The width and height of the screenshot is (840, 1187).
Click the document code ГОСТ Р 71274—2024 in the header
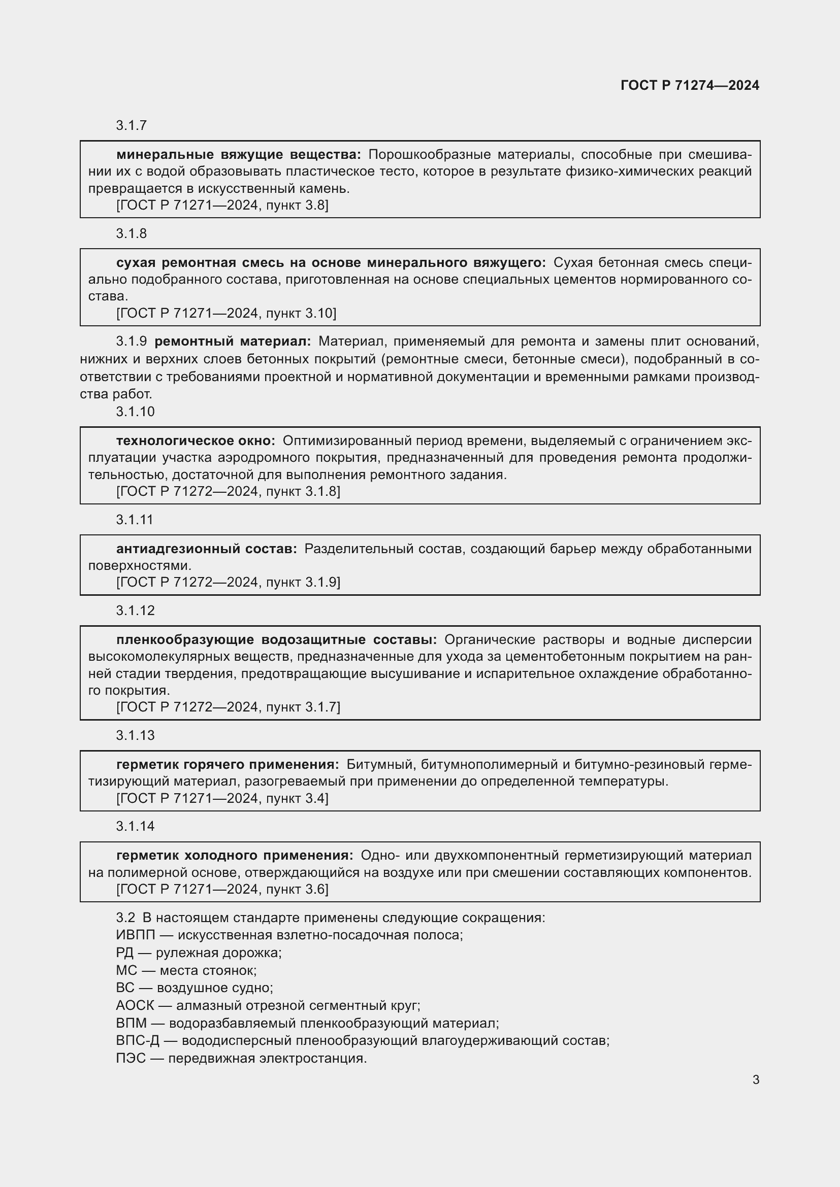click(x=690, y=86)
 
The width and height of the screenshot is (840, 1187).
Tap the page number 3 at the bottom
click(x=756, y=1079)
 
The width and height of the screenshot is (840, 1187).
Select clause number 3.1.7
click(x=132, y=125)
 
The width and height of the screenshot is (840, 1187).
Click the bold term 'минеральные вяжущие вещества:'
click(x=239, y=155)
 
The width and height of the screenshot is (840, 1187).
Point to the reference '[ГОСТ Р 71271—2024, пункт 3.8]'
click(x=222, y=205)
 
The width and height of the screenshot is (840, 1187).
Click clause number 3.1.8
click(x=132, y=233)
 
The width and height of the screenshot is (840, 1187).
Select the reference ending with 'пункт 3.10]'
click(x=226, y=313)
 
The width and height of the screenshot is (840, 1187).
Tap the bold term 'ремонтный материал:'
click(x=233, y=341)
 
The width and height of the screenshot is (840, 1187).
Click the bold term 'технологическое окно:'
click(x=196, y=441)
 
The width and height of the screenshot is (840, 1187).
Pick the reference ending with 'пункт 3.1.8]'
click(x=228, y=492)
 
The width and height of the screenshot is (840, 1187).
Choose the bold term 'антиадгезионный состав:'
click(x=206, y=549)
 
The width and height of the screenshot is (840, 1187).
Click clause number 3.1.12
click(x=135, y=611)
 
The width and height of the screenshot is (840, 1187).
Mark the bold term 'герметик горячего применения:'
click(x=228, y=765)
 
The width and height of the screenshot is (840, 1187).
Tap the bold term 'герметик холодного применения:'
click(x=235, y=856)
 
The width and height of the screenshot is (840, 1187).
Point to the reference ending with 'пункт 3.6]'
click(x=222, y=889)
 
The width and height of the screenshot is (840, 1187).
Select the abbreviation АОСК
click(x=135, y=1005)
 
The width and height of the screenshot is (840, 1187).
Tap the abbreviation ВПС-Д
click(x=138, y=1041)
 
